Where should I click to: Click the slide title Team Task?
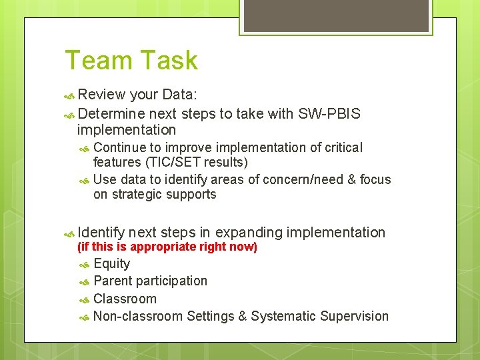[131, 61]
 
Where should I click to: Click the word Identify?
[101, 233]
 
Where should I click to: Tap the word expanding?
[249, 233]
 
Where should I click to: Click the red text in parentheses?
[167, 247]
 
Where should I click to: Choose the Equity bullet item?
[112, 263]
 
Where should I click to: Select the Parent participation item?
[151, 281]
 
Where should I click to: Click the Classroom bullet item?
[125, 299]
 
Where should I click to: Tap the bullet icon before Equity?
[85, 264]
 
